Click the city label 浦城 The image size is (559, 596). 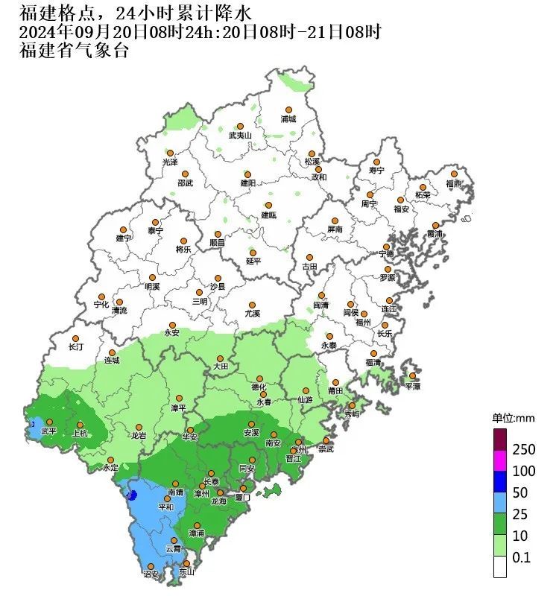coord(288,119)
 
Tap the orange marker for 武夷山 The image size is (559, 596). coord(240,126)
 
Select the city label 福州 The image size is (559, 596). coord(363,323)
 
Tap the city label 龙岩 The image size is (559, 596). coord(139,436)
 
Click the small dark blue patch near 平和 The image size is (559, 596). coord(132,495)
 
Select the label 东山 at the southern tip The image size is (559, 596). coord(186,572)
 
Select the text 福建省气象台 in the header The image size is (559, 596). coord(74,51)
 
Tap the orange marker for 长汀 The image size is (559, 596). coord(77,337)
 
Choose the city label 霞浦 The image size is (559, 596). coord(434,234)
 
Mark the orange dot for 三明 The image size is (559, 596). coord(199,293)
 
